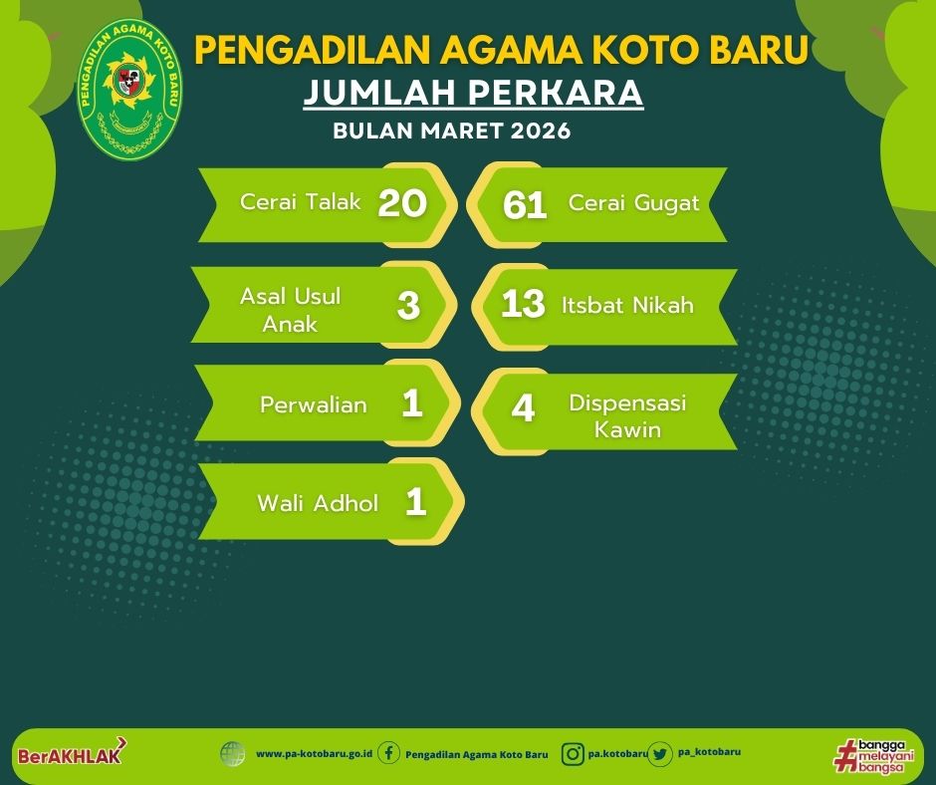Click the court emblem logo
(129, 89)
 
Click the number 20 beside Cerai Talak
(402, 203)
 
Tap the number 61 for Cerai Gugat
(525, 205)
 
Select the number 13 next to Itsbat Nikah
(523, 304)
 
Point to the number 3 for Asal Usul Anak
(408, 305)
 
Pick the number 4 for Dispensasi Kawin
(523, 408)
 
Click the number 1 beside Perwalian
(412, 403)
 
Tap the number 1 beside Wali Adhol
(415, 501)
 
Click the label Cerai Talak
(301, 202)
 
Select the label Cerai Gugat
(633, 203)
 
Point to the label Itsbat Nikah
(627, 305)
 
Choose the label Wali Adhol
(318, 503)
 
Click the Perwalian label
(314, 405)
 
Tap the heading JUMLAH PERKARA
(473, 93)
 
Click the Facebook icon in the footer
(388, 753)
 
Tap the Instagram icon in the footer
(572, 754)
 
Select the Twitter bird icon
(660, 754)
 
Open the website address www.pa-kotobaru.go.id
(314, 754)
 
